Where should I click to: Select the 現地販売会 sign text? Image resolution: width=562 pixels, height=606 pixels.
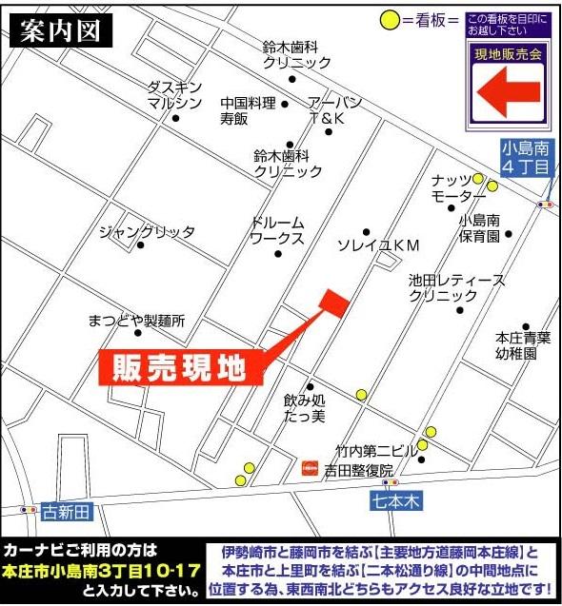(508, 54)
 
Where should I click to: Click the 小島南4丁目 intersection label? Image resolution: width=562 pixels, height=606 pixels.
(526, 157)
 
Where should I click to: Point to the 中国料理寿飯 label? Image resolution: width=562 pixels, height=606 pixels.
(248, 111)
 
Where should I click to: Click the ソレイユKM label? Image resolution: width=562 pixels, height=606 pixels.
(379, 244)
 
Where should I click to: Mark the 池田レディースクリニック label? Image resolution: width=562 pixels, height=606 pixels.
(443, 288)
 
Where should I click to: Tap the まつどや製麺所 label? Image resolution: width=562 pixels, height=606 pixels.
(135, 321)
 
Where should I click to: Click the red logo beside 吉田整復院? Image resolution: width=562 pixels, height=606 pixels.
(310, 468)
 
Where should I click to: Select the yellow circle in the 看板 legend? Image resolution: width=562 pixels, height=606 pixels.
(389, 19)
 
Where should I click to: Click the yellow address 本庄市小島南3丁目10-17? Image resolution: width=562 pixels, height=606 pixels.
(101, 572)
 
